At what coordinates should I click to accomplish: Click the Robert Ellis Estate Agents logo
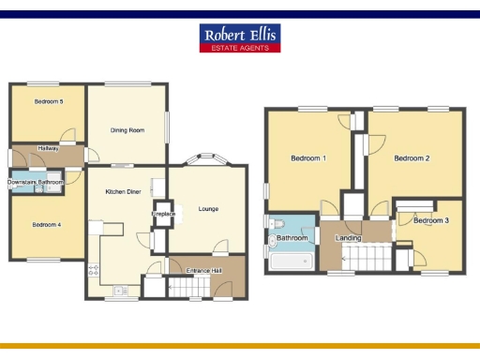coord(240,37)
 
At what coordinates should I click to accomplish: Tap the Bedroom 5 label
coord(49,101)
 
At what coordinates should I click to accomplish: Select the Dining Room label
coord(127,130)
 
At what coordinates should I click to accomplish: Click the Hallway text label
coord(49,148)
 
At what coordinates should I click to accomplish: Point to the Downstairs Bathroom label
coord(36,181)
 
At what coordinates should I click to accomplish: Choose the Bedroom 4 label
coord(46,224)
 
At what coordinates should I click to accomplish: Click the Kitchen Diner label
coord(123,191)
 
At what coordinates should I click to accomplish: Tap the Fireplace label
coord(164,214)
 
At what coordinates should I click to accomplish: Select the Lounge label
coord(208,208)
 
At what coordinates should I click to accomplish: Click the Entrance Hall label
coord(203,270)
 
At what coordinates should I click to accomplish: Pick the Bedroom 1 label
coord(310,158)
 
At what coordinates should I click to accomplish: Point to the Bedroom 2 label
coord(412,158)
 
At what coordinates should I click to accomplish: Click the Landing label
coord(349,238)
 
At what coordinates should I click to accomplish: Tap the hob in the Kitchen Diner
coord(93,272)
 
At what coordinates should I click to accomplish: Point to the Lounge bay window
coord(205,159)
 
